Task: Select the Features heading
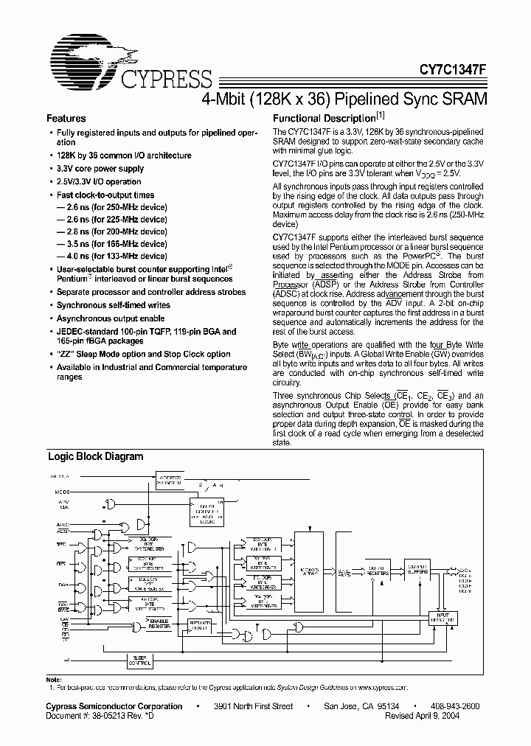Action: [66, 118]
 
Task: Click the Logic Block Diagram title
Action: [95, 456]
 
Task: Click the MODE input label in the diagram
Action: [64, 491]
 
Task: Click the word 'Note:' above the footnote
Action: [54, 678]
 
